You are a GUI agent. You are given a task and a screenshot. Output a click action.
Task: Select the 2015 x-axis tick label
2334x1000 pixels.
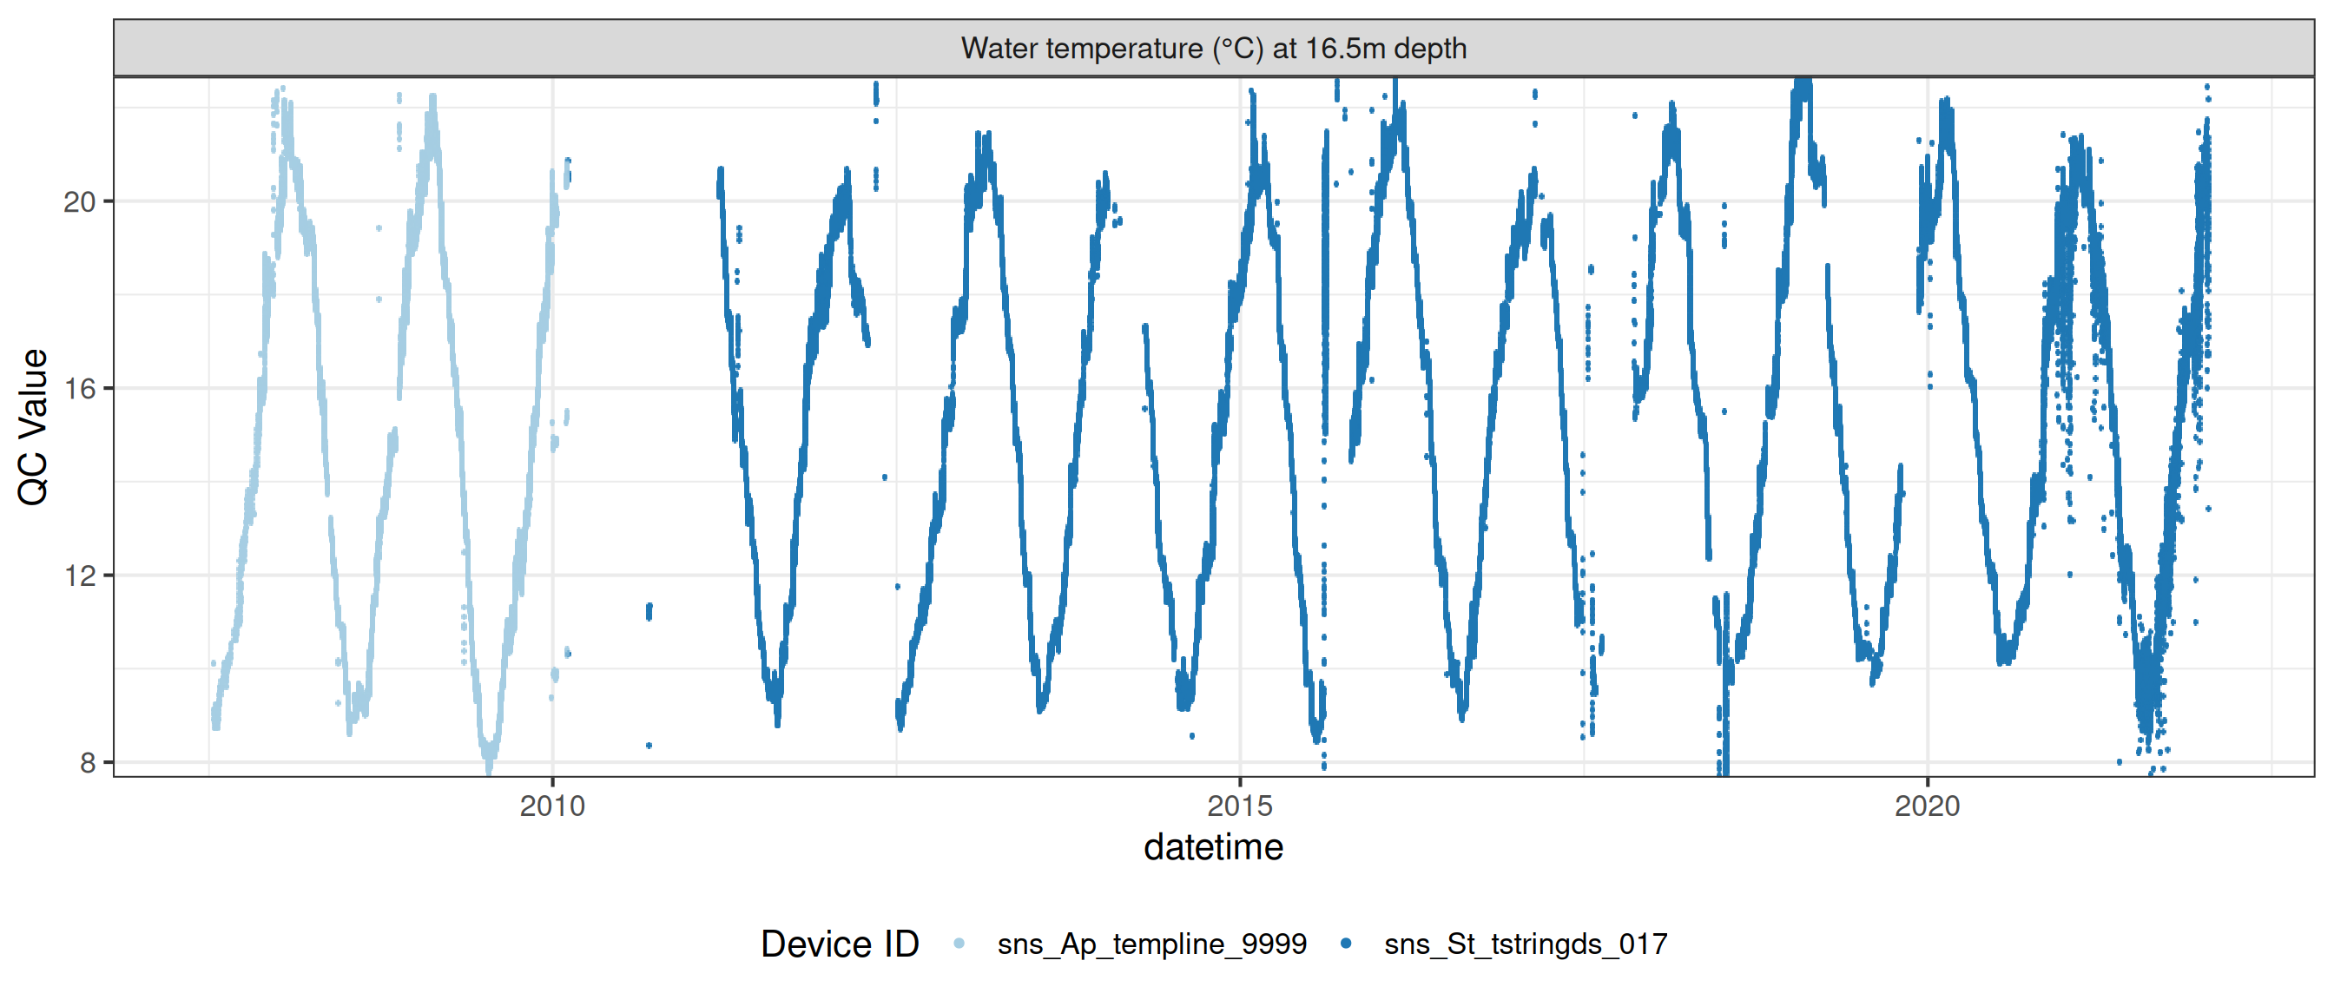[1239, 806]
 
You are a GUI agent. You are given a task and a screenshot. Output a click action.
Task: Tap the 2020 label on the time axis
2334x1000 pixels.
[1927, 806]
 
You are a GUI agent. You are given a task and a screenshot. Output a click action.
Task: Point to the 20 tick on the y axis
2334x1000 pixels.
[80, 202]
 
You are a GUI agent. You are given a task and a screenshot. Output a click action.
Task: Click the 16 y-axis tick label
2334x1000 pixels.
[80, 389]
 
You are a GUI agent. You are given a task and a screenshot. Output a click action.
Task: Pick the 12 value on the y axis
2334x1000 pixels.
[80, 576]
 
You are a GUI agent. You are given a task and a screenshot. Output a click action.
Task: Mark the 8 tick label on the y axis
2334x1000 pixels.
[88, 763]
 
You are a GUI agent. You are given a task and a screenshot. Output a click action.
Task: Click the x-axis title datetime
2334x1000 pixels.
[1213, 848]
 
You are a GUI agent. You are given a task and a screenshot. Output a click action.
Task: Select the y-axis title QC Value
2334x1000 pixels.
[34, 425]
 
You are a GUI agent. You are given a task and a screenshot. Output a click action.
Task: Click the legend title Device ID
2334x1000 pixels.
[839, 944]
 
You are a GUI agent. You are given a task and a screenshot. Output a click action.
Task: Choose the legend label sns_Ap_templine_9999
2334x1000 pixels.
[1151, 944]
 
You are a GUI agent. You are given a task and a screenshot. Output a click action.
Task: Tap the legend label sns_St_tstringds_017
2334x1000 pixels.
[1526, 944]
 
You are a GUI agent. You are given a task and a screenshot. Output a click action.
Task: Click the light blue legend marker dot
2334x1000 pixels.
[959, 944]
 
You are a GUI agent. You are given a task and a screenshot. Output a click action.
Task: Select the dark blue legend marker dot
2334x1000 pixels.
[1346, 944]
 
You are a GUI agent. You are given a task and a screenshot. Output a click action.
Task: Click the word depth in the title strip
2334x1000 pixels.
[1431, 48]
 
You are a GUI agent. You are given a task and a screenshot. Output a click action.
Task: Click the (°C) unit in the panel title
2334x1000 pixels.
[1237, 48]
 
